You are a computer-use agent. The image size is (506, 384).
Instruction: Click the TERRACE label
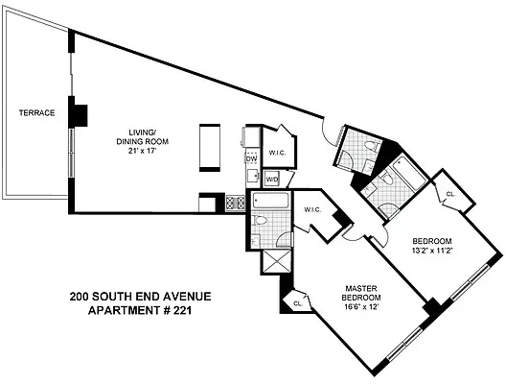pos(36,113)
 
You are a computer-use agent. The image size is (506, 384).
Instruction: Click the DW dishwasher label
pos(251,158)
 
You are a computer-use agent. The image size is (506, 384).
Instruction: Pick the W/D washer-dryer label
pos(271,179)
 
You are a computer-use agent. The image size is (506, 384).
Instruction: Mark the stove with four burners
pos(234,203)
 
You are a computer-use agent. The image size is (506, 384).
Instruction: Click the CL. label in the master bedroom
pos(299,302)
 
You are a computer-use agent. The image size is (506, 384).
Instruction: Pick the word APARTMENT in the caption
pos(121,310)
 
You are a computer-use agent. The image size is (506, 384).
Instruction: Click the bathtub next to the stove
pos(270,202)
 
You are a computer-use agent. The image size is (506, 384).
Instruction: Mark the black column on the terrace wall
pos(80,113)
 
